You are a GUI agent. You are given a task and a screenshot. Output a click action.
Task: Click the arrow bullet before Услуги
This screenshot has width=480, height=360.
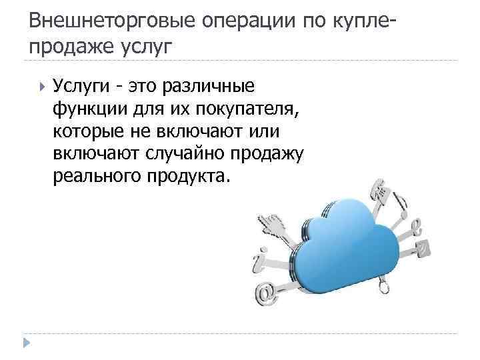[x=42, y=86]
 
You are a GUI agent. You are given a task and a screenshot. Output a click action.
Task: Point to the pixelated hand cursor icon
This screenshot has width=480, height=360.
[x=273, y=223]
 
